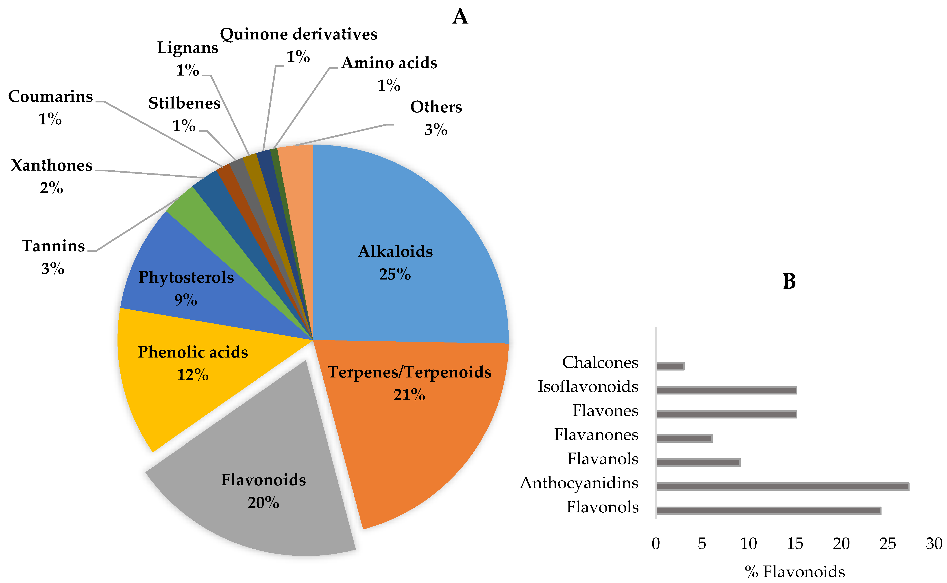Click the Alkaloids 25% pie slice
coord(409,231)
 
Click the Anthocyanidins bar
coord(782,487)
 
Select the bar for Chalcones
coord(670,366)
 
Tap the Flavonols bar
coord(768,511)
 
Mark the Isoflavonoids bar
coord(726,390)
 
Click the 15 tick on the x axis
coord(795,544)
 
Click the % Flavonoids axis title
coord(795,571)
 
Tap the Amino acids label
coord(389,63)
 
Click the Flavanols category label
coord(603,459)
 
